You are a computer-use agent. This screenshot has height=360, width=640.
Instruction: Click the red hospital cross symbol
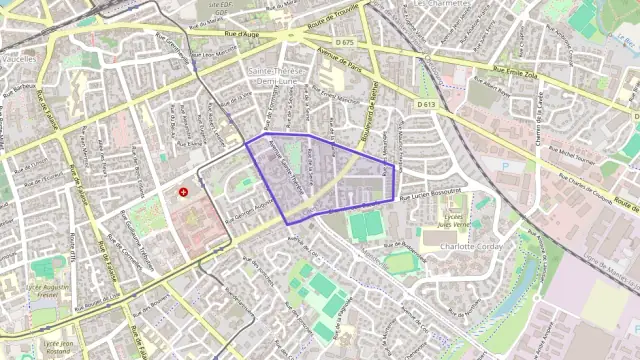point(183,191)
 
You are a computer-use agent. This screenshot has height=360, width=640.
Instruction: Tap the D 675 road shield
point(345,42)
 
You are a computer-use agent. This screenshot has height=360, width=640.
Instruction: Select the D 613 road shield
point(425,104)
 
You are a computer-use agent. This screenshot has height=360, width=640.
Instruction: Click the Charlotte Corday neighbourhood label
point(469,246)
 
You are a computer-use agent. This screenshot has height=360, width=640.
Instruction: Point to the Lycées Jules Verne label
point(453,221)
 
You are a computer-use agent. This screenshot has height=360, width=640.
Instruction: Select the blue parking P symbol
point(504,166)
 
